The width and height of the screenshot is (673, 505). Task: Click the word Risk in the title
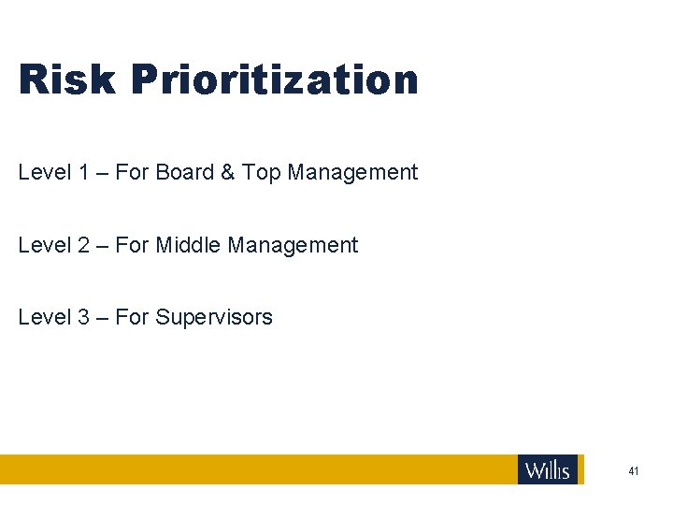pos(66,79)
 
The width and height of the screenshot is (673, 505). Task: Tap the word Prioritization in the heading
pos(275,81)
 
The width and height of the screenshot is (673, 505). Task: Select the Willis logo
pos(548,469)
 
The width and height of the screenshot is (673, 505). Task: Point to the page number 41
pos(634,471)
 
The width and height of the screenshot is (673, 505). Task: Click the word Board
pos(185,172)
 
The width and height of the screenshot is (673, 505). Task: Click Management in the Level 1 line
pos(352,173)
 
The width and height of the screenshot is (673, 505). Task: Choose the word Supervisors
pos(214,318)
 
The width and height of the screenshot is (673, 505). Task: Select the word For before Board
pos(132,172)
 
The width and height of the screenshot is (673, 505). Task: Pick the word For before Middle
pos(132,245)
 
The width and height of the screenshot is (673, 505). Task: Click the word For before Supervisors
pos(132,318)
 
